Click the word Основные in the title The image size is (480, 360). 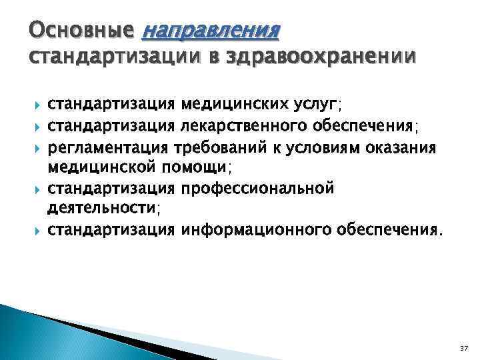tap(81, 31)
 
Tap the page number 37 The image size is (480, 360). tap(464, 348)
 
